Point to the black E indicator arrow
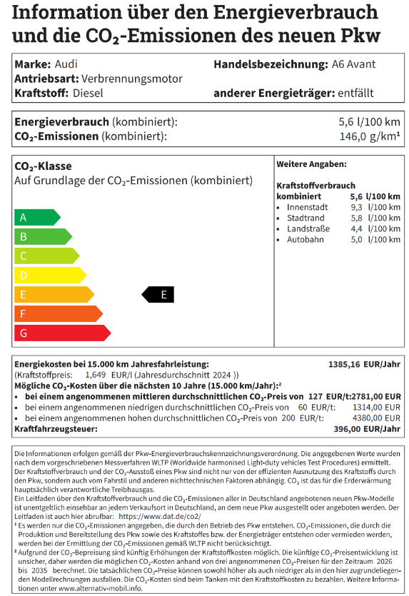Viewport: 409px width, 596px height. click(x=159, y=294)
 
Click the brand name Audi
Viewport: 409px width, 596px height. click(x=66, y=64)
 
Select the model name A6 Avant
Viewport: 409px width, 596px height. click(x=353, y=64)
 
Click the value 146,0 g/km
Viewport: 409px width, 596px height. click(x=369, y=136)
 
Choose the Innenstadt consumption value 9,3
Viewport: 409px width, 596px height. click(x=356, y=207)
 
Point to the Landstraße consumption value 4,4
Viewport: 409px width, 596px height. click(x=356, y=228)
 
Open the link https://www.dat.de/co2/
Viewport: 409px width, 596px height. click(x=159, y=515)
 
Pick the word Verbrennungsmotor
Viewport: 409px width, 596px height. click(x=132, y=79)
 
